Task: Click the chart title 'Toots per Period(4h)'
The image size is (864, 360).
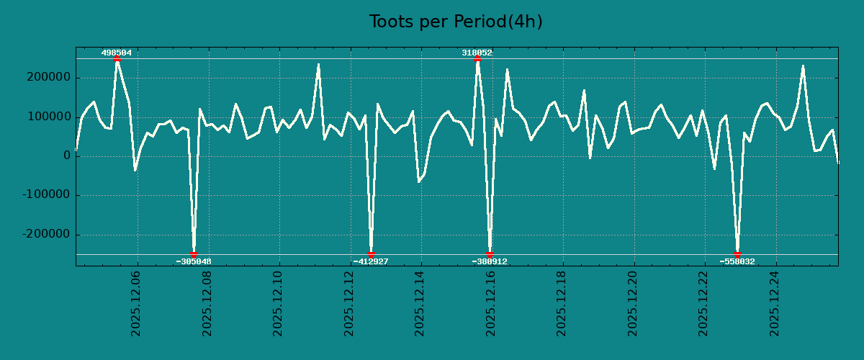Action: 456,22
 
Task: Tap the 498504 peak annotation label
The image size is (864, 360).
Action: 117,53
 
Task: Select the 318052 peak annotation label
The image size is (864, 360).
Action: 477,53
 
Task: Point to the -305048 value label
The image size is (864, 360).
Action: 194,261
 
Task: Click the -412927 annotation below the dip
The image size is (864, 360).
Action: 371,261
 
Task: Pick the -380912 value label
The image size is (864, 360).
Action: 490,261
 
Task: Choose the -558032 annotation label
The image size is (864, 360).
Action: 737,261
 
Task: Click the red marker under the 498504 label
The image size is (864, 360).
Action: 117,59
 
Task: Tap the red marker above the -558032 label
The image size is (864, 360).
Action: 737,254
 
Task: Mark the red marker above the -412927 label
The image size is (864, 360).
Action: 371,254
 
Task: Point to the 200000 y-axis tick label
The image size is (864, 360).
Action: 48,77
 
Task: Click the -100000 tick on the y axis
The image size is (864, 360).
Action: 46,195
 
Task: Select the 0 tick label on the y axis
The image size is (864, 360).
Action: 67,156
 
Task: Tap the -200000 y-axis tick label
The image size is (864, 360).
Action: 46,235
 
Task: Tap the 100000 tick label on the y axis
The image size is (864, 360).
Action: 48,117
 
